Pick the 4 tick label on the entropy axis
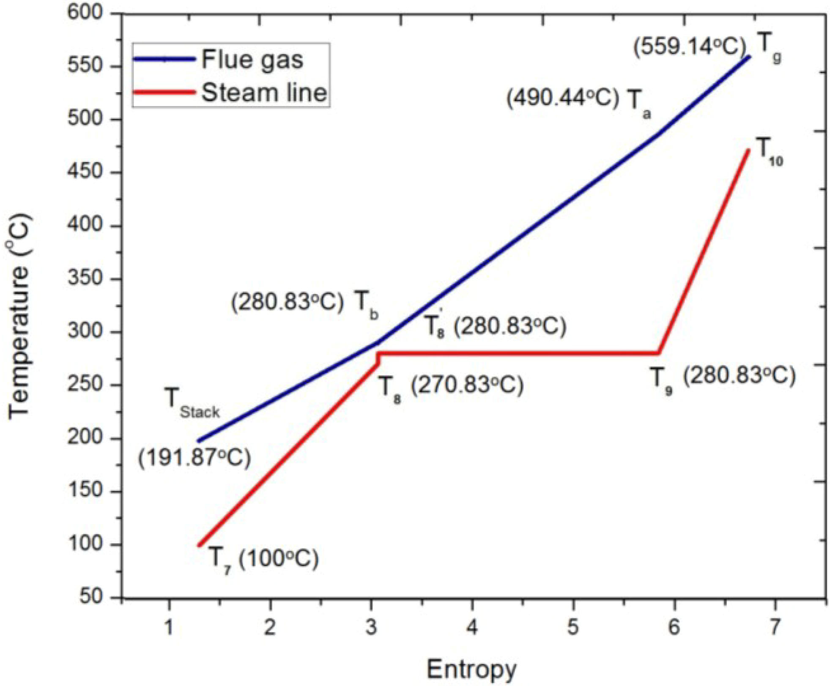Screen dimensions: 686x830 point(472,627)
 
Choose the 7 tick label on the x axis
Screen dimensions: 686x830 point(775,627)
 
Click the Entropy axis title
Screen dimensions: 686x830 point(471,670)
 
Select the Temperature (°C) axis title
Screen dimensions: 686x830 point(19,317)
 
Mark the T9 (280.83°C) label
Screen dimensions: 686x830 point(722,378)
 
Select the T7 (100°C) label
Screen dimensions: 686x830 point(263,560)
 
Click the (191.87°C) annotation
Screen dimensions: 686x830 point(194,458)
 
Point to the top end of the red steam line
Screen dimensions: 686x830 point(748,150)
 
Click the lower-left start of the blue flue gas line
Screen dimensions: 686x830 point(199,441)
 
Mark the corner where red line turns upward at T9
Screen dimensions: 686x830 point(659,353)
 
